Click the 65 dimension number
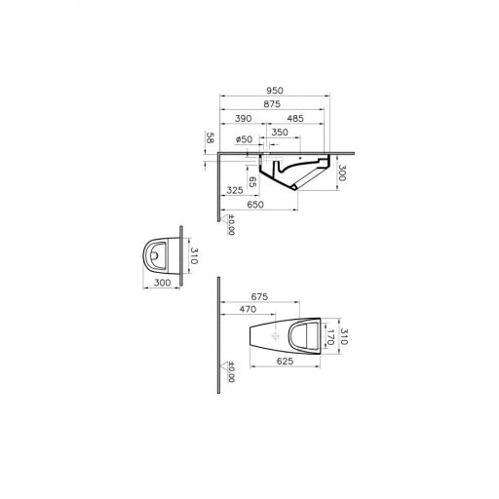coord(251,181)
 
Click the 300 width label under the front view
coord(162,282)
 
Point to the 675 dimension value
coord(259,296)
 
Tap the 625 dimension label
coord(284,361)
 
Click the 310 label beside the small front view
coord(193,256)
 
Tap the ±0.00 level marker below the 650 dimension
coord(230,227)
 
